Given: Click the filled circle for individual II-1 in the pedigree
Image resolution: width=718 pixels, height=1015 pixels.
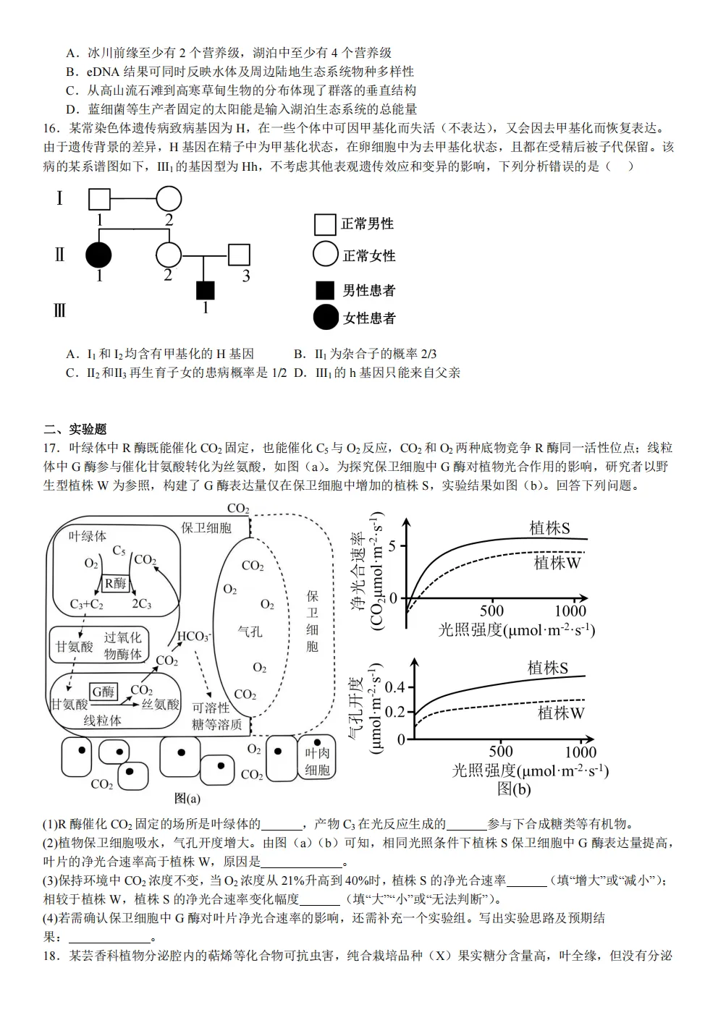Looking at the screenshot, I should pyautogui.click(x=98, y=255).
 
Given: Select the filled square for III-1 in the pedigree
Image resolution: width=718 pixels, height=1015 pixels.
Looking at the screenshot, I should pyautogui.click(x=206, y=290).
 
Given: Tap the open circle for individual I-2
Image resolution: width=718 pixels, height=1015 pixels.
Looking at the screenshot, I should pyautogui.click(x=169, y=198).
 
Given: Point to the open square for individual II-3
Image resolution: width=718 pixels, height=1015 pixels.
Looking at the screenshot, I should pyautogui.click(x=239, y=255).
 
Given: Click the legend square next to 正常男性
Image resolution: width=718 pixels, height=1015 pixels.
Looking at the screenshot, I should pyautogui.click(x=325, y=224).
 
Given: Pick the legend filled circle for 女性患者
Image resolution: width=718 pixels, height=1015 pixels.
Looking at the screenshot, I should pyautogui.click(x=326, y=318).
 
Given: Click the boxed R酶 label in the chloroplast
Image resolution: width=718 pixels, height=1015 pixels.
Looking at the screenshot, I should pyautogui.click(x=115, y=583).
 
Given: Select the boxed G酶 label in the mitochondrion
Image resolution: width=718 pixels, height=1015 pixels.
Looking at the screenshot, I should pyautogui.click(x=103, y=692).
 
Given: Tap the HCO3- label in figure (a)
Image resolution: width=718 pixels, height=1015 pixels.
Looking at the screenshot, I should pyautogui.click(x=193, y=637).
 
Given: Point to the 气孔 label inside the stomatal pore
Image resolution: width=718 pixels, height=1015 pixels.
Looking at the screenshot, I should pyautogui.click(x=250, y=632).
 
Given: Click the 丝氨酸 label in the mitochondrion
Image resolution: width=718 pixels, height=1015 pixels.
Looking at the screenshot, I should pyautogui.click(x=160, y=704).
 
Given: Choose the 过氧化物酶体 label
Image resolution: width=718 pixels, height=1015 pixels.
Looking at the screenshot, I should pyautogui.click(x=123, y=646).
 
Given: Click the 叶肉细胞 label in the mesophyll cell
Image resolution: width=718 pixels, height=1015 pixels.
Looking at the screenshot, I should pyautogui.click(x=317, y=761).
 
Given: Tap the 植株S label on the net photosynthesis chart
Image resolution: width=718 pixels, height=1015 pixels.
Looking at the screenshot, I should pyautogui.click(x=549, y=528).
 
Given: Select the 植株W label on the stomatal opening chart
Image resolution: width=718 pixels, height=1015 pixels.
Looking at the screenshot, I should pyautogui.click(x=560, y=713).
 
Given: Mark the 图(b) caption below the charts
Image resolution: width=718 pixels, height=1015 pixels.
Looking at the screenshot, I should pyautogui.click(x=513, y=789).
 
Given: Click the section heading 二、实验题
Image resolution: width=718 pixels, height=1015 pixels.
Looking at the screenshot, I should pyautogui.click(x=75, y=429).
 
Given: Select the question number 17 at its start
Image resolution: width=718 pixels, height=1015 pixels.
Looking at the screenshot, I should pyautogui.click(x=50, y=448).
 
